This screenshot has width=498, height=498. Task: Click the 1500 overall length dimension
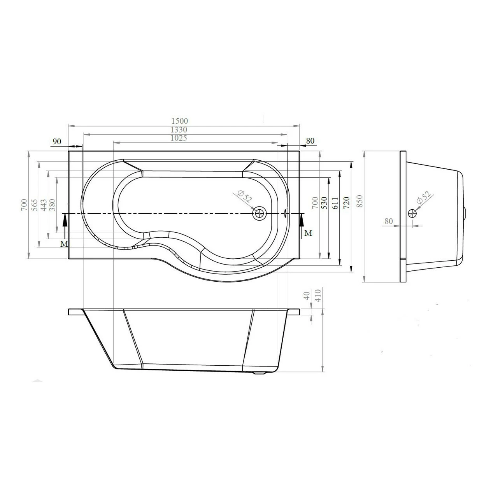[179, 121]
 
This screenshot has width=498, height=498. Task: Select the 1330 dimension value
[179, 130]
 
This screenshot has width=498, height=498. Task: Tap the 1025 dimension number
[179, 138]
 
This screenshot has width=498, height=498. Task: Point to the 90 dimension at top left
[57, 141]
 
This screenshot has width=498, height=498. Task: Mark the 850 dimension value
[359, 201]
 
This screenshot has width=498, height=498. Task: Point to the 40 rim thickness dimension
[307, 296]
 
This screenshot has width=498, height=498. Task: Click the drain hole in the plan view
[259, 213]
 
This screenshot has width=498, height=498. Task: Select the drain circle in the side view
[412, 213]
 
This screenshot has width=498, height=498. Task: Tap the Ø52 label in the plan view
[244, 196]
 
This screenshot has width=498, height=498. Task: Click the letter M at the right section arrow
[308, 233]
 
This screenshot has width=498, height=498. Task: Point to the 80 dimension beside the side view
[388, 221]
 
